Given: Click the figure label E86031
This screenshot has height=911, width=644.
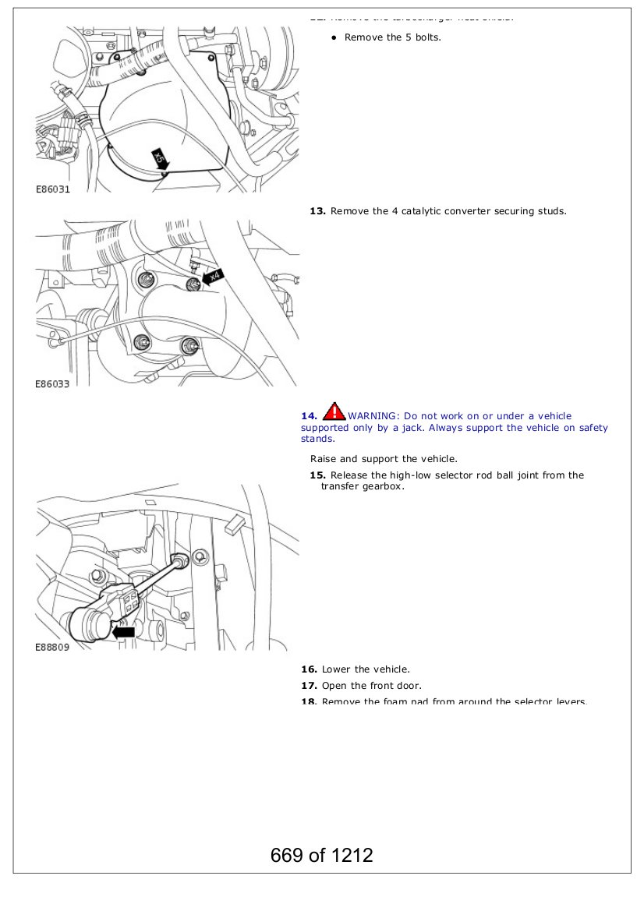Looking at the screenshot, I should click(52, 189).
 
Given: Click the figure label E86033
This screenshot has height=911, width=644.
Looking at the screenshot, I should click(52, 384).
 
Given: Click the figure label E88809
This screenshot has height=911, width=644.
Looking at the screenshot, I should click(52, 648).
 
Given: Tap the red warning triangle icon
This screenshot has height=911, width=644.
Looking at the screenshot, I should click(334, 411).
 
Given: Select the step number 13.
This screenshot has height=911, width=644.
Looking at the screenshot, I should click(317, 211).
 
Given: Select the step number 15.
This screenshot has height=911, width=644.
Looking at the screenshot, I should click(317, 475).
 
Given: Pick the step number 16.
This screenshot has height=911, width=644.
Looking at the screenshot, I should click(309, 669).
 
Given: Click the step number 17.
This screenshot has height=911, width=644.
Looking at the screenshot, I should click(309, 686).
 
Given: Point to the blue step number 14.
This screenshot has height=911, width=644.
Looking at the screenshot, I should click(309, 416).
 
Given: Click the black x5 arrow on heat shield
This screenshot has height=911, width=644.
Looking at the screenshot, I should click(161, 159).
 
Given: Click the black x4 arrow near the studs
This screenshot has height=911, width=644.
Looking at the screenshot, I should click(211, 276).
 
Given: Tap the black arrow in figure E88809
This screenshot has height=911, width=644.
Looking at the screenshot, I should click(123, 631).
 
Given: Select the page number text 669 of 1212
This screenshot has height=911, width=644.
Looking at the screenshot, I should click(322, 855).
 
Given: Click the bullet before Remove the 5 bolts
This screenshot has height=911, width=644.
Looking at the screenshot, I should click(333, 37).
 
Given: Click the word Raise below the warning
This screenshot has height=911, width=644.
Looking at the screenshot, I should click(323, 459).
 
